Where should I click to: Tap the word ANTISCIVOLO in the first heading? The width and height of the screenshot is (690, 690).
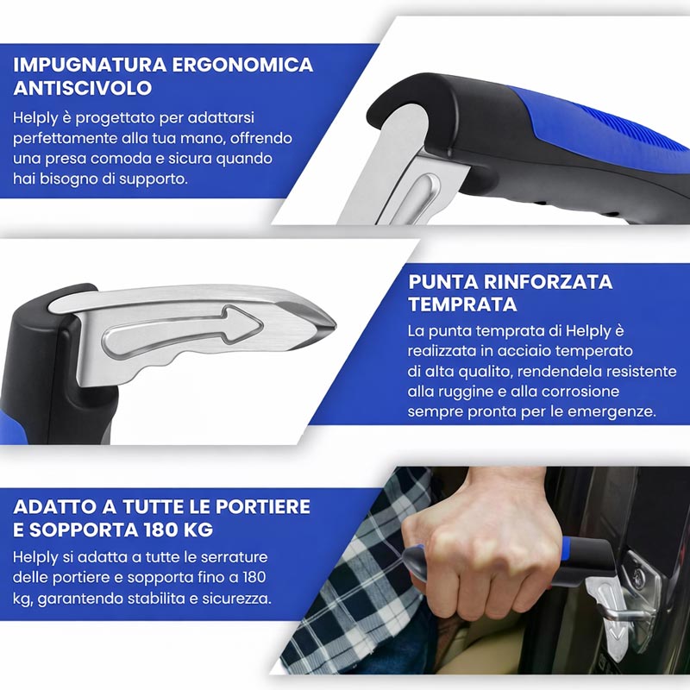click(x=83, y=88)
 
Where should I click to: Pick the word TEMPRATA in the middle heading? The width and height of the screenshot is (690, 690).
click(x=462, y=304)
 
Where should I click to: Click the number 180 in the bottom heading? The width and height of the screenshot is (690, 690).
click(x=164, y=529)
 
